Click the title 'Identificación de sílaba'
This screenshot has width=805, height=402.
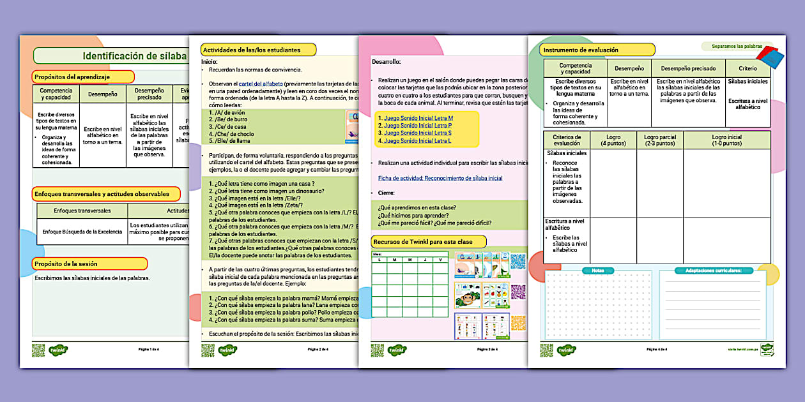pyautogui.click(x=134, y=56)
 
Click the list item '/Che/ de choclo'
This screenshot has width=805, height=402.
pyautogui.click(x=228, y=135)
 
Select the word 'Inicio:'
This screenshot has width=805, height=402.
pyautogui.click(x=210, y=61)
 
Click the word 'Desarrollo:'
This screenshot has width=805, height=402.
pyautogui.click(x=386, y=62)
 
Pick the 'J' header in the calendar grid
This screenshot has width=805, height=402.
pyautogui.click(x=423, y=260)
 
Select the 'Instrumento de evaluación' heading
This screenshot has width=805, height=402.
pyautogui.click(x=580, y=49)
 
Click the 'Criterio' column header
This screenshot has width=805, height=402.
pyautogui.click(x=747, y=68)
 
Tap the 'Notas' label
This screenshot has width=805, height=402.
pyautogui.click(x=597, y=271)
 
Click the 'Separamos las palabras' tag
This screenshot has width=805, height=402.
pyautogui.click(x=732, y=47)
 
